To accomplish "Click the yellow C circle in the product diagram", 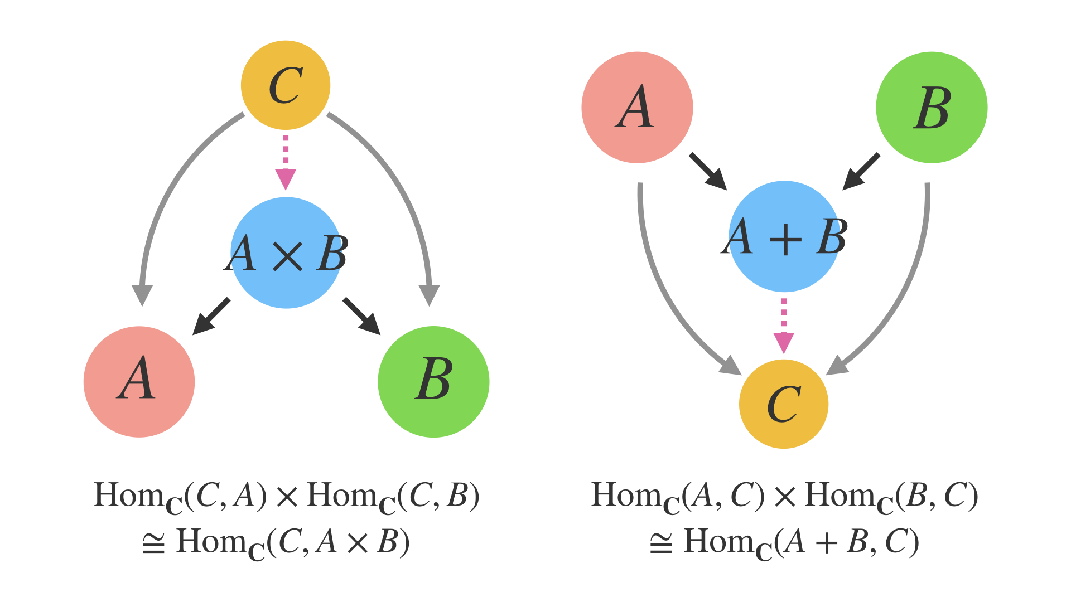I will [286, 85].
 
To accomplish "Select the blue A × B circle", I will [286, 253].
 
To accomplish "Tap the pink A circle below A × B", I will [139, 382].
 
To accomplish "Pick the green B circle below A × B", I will [433, 382].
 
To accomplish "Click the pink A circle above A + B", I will [637, 108].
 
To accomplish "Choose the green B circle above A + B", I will [932, 108].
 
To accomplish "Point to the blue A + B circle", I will [784, 236].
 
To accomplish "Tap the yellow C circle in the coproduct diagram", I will [784, 404].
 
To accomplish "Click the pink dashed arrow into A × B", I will [286, 162].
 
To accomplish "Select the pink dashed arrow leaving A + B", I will [784, 326].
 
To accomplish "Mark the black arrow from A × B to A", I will [211, 316].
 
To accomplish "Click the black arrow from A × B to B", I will [361, 316].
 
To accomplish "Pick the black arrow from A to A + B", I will [708, 171].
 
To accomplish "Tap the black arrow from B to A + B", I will [861, 171].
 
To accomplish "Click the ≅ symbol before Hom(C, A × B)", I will [153, 542].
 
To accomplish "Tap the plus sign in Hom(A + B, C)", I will [826, 542].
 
